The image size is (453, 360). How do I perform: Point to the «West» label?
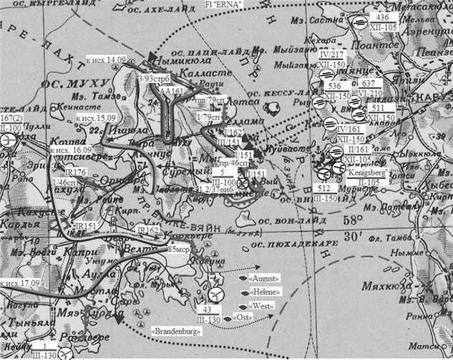[x=264, y=306]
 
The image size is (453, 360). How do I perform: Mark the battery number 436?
[x=382, y=16]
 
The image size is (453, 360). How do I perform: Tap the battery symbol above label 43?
[x=218, y=295]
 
